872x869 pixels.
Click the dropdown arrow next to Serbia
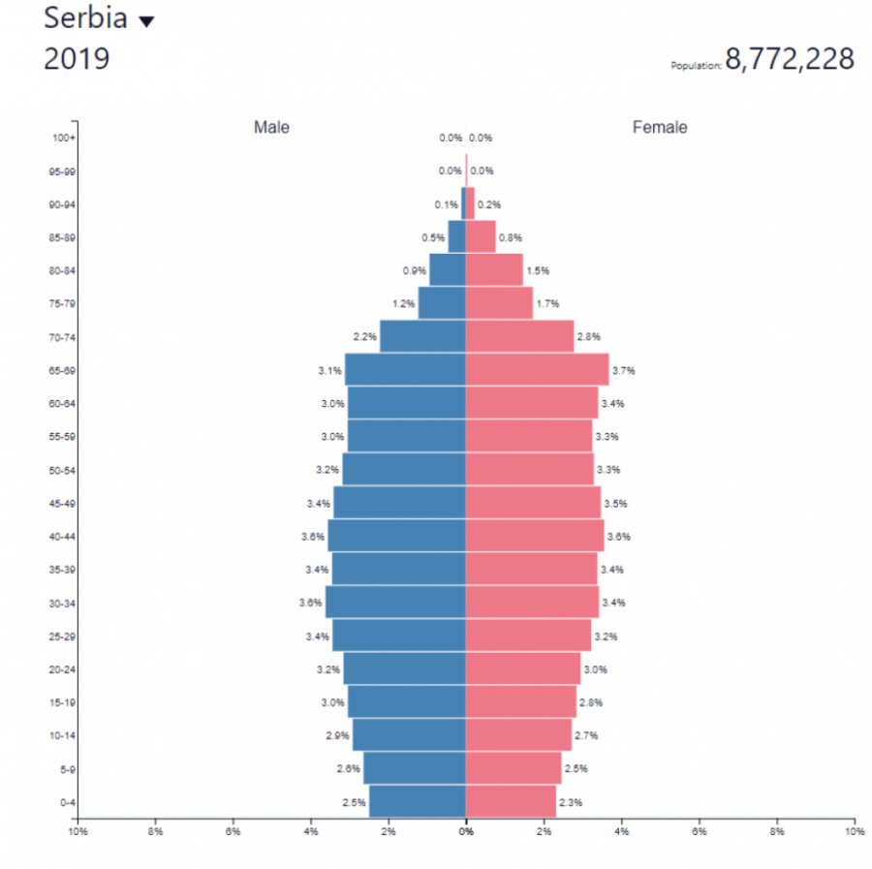146,22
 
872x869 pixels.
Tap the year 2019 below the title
77,59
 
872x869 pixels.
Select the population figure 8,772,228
790,60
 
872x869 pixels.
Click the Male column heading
271,128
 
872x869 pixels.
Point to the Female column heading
660,128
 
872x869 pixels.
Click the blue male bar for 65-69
405,370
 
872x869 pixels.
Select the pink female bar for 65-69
537,370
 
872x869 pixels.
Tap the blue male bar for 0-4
417,802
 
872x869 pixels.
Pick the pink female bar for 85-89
481,237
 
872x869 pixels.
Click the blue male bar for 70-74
422,337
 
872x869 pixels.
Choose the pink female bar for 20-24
522,669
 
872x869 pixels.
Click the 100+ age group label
64,139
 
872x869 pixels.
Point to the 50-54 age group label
63,471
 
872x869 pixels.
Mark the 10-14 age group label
63,736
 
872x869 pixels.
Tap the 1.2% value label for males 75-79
404,304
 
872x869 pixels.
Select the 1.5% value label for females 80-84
538,271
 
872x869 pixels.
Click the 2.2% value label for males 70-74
364,337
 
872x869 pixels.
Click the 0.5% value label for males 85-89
433,237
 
